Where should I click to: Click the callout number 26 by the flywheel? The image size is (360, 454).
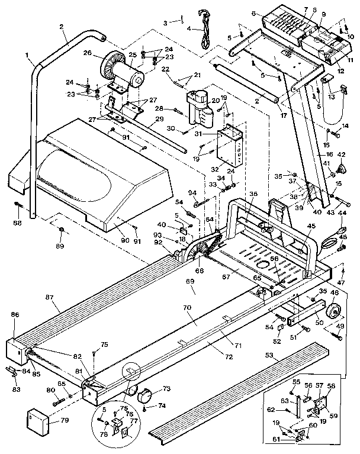87,53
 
